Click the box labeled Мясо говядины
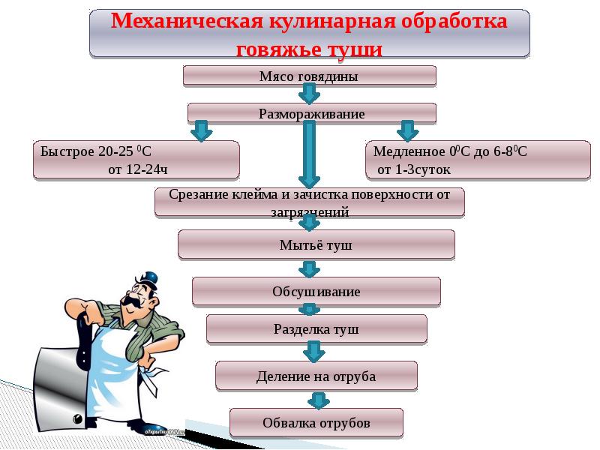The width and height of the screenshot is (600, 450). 309,76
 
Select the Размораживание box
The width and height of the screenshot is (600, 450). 311,114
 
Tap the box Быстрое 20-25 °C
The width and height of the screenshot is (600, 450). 136,160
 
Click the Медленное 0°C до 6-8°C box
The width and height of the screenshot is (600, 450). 478,160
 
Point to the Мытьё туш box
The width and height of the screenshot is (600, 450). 316,244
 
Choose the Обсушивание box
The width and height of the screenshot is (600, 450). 316,291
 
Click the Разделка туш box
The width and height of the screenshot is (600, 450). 316,328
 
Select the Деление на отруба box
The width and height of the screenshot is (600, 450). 316,376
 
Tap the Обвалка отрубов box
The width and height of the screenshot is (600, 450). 316,423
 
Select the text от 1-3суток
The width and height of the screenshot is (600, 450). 413,169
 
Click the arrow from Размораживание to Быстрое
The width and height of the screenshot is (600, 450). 200,130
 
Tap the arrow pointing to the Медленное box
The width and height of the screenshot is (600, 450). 407,130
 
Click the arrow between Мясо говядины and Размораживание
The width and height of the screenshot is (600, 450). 309,94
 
